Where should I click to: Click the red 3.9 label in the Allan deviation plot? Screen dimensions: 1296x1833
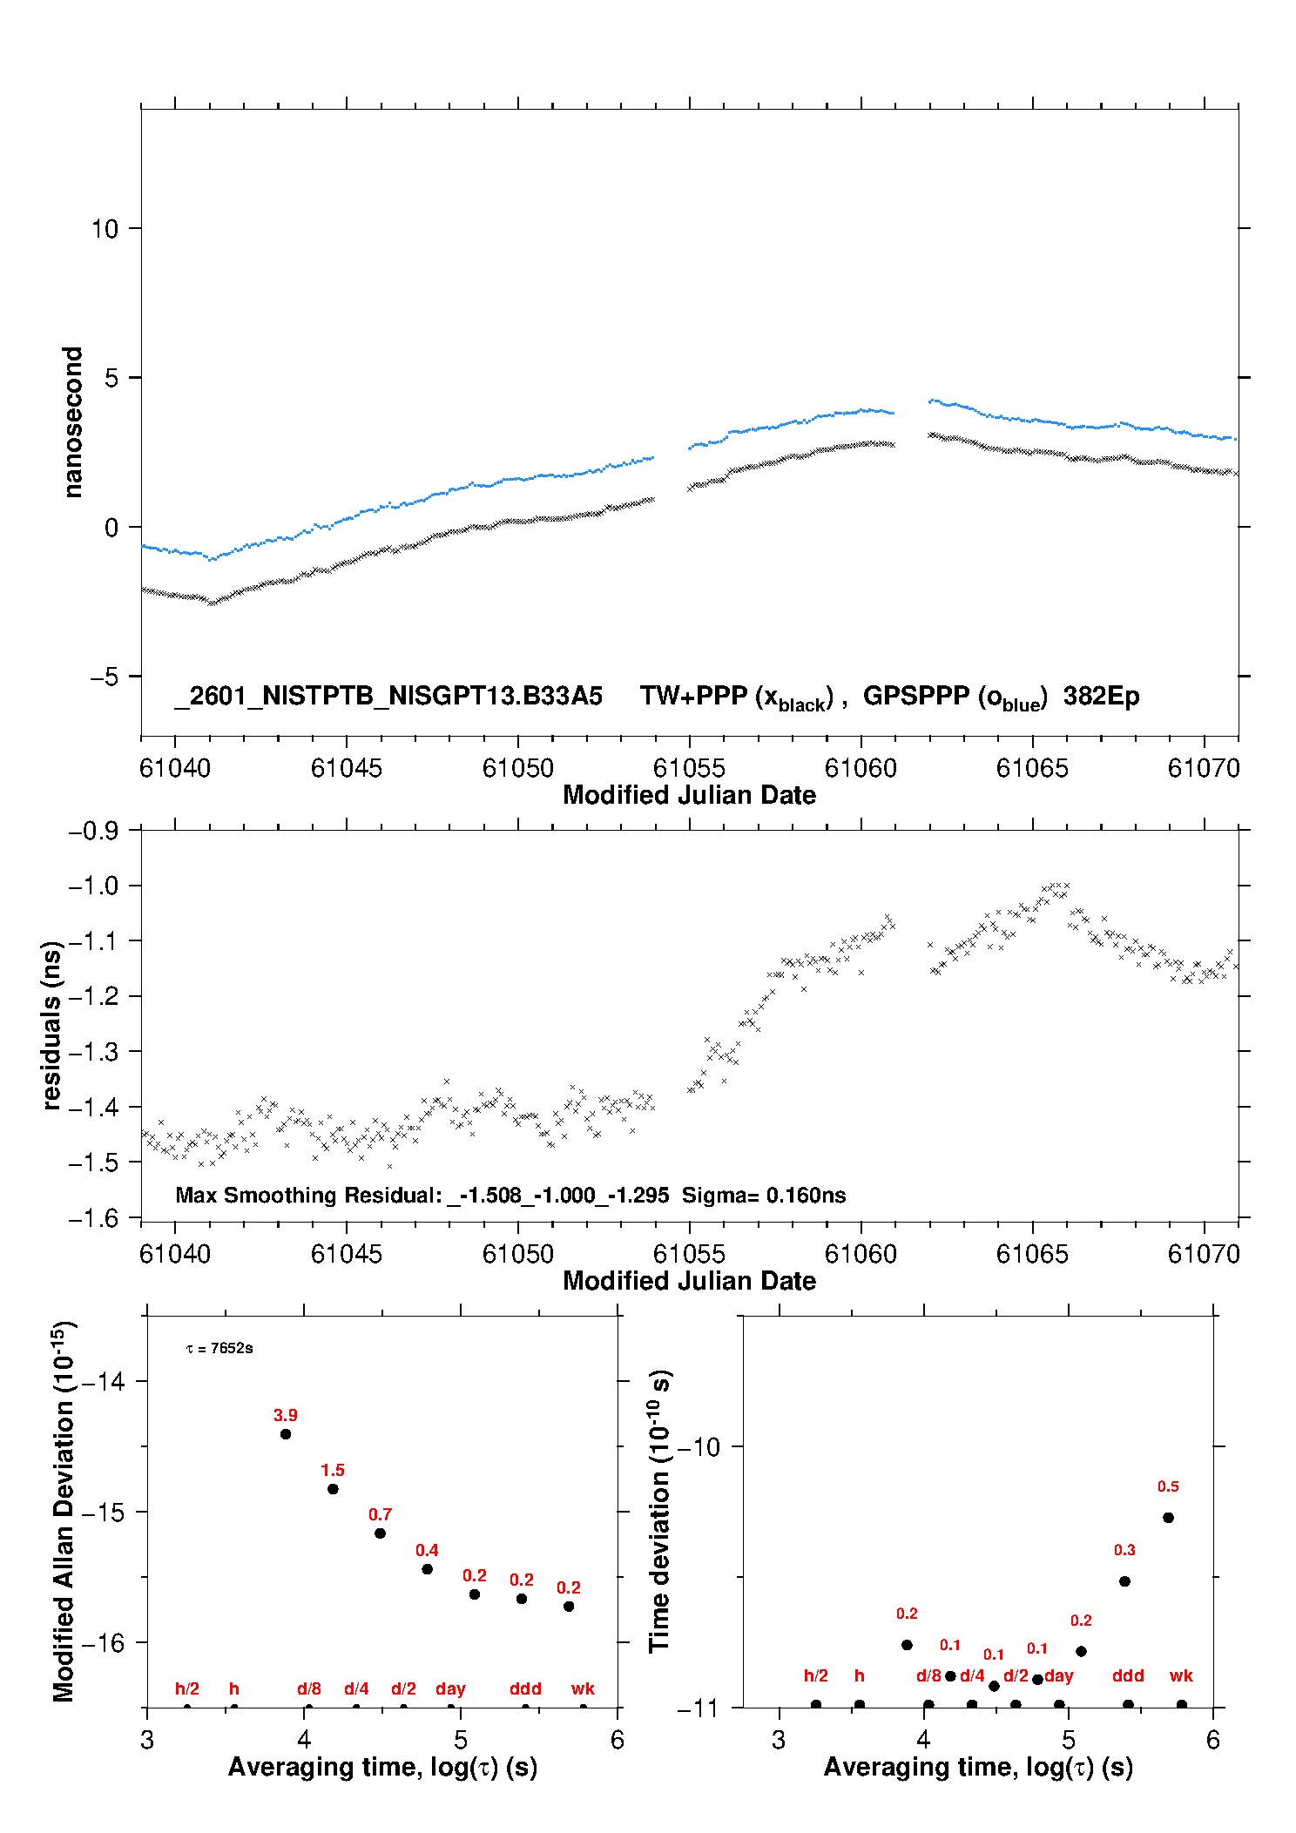point(286,1415)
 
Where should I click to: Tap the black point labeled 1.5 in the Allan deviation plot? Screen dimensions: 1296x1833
point(333,1489)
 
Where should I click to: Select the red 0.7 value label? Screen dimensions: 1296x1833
point(380,1514)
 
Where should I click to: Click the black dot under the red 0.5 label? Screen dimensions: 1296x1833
point(1168,1518)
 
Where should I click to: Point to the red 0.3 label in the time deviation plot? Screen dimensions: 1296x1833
point(1124,1550)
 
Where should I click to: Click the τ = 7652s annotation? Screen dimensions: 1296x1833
point(219,1348)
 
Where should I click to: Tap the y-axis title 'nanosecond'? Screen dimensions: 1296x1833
point(72,422)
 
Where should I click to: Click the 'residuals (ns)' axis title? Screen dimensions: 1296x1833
point(51,1026)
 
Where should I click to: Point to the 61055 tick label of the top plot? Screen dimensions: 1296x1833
point(689,768)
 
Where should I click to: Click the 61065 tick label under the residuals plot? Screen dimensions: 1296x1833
point(1032,1254)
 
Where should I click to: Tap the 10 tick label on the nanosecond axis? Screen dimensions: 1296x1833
point(105,229)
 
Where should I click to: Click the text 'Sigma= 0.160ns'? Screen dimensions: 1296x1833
point(764,1196)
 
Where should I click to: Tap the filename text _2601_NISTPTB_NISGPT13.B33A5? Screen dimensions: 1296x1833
point(388,696)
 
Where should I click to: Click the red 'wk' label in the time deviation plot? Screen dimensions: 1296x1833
point(1181,1675)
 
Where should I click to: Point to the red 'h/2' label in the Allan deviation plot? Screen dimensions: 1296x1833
point(187,1688)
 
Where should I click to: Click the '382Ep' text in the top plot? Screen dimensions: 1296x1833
point(1101,697)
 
